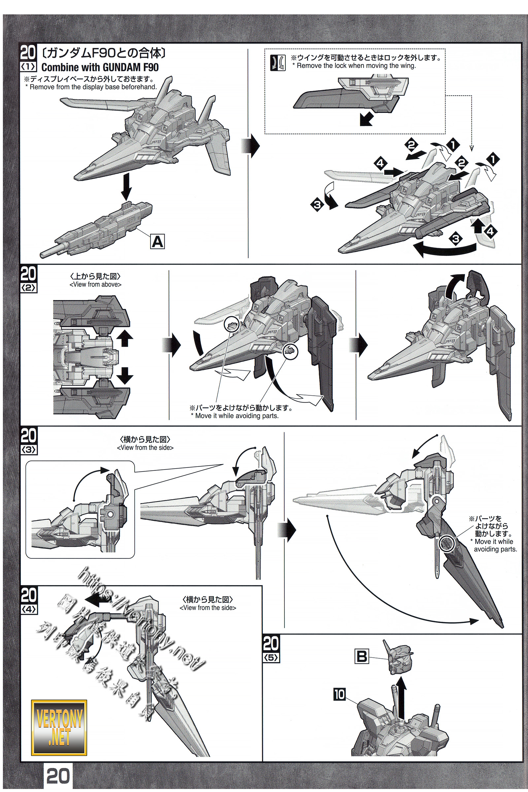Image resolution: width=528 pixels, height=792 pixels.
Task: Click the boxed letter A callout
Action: (157, 242)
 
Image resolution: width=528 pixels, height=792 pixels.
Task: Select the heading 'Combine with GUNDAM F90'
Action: (100, 67)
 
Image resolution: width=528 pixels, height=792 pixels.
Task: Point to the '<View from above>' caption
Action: (95, 284)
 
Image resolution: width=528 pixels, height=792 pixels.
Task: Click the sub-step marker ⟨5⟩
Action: (271, 657)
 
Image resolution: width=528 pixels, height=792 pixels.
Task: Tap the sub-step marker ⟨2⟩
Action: (28, 288)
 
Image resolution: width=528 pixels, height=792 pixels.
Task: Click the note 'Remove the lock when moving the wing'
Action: (356, 66)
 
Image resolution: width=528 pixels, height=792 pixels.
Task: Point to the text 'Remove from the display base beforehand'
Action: (93, 87)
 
